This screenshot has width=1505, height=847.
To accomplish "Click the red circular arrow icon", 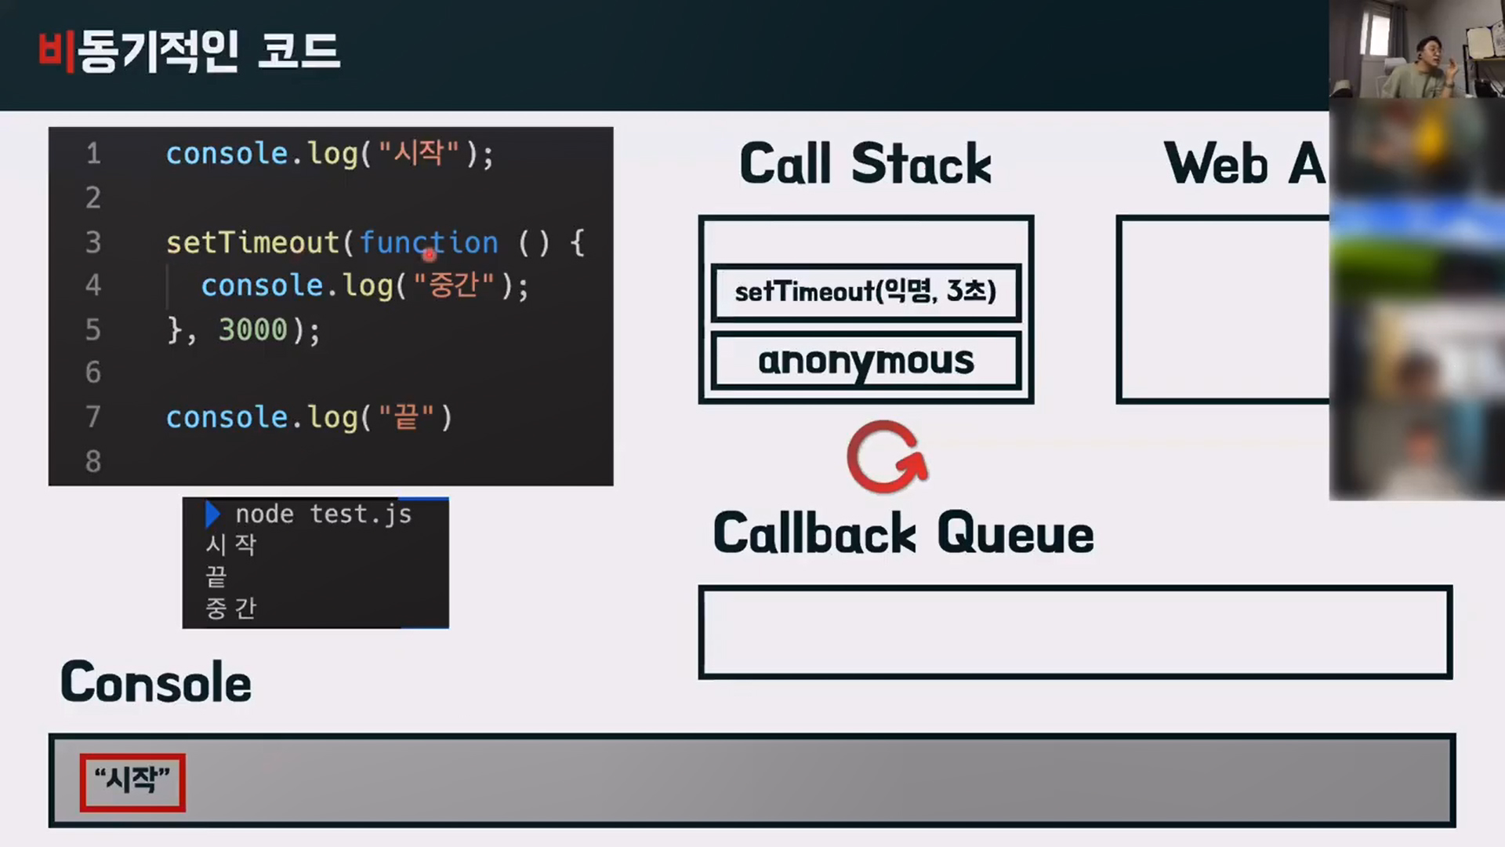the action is click(x=887, y=457).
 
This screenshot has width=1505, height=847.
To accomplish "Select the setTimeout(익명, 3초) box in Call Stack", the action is click(x=865, y=292).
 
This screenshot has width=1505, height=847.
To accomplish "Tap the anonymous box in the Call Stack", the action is click(x=865, y=361).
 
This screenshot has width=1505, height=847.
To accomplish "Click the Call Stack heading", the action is click(x=865, y=164).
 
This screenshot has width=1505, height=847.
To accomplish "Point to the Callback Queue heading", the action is click(x=903, y=533).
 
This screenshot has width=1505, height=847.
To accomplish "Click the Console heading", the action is click(x=156, y=682).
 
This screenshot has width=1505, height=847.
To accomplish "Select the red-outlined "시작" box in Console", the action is click(x=132, y=781).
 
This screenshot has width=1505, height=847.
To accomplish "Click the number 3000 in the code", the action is click(x=252, y=329).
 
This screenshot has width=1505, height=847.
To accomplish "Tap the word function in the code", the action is click(x=429, y=243).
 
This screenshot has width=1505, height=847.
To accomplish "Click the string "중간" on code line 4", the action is click(x=454, y=285).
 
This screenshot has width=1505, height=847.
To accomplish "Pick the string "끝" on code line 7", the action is click(x=407, y=417).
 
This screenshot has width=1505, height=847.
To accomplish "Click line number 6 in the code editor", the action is click(x=93, y=373).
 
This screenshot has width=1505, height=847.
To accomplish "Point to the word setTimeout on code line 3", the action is click(x=252, y=243).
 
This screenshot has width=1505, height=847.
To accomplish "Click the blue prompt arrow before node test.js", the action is click(x=212, y=514).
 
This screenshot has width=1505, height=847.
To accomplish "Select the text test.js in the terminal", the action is click(x=361, y=514).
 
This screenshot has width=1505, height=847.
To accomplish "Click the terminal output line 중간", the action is click(x=230, y=608).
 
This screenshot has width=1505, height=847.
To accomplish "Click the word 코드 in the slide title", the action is click(x=299, y=52).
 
